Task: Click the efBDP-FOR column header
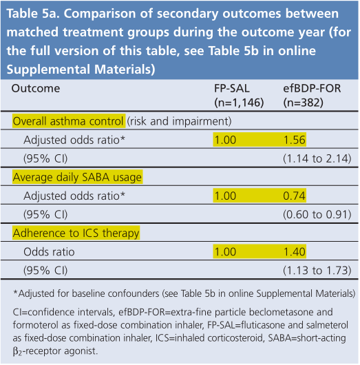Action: pyautogui.click(x=312, y=89)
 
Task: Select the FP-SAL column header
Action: pyautogui.click(x=231, y=89)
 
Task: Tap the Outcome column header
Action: pyautogui.click(x=36, y=89)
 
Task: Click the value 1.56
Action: pyautogui.click(x=295, y=140)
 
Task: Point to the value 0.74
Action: pyautogui.click(x=294, y=196)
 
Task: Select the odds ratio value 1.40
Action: pyautogui.click(x=295, y=252)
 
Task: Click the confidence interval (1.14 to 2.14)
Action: pyautogui.click(x=317, y=159)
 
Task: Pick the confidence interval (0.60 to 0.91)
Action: pyautogui.click(x=317, y=215)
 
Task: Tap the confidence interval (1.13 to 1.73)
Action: pyautogui.click(x=317, y=271)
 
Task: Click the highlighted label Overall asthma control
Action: pyautogui.click(x=68, y=121)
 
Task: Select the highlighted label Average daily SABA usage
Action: pyautogui.click(x=77, y=178)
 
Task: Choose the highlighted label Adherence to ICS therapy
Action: pyautogui.click(x=76, y=233)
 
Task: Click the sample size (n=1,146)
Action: pyautogui.click(x=239, y=103)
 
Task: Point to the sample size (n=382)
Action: pyautogui.click(x=304, y=103)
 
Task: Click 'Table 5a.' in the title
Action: pyautogui.click(x=33, y=14)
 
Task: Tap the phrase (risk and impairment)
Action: pyautogui.click(x=179, y=121)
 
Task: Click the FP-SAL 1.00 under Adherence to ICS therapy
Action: pyautogui.click(x=225, y=252)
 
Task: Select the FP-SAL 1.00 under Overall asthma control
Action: pyautogui.click(x=225, y=140)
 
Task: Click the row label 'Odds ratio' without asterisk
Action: pyautogui.click(x=49, y=252)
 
